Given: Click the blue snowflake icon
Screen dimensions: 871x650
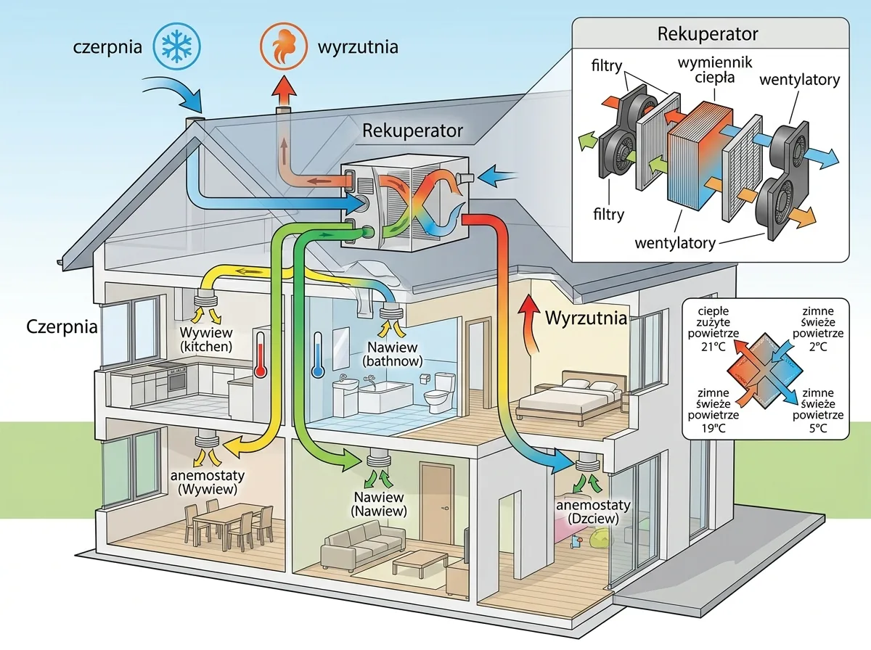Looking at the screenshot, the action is click(x=177, y=46).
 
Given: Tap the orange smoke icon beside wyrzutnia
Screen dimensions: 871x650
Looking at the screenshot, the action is click(x=284, y=46).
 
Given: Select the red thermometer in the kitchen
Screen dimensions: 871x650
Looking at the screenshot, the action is click(x=261, y=354).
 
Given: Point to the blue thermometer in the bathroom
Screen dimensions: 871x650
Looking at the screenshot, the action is click(x=318, y=354).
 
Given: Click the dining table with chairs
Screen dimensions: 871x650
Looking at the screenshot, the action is click(x=229, y=524).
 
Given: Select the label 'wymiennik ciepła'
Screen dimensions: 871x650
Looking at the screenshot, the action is click(x=715, y=70).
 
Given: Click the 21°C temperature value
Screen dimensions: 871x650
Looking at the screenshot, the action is click(x=713, y=347).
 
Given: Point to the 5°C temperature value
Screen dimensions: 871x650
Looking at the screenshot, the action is click(x=818, y=428).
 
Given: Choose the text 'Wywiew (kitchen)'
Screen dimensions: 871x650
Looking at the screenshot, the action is click(x=206, y=340).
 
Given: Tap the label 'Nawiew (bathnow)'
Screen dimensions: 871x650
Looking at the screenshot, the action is click(x=393, y=354).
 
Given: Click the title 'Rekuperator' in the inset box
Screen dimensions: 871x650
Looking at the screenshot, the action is click(x=708, y=34).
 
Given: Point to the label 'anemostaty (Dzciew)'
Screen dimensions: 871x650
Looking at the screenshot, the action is click(x=593, y=511).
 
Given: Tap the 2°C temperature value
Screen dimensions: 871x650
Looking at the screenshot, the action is click(x=818, y=347).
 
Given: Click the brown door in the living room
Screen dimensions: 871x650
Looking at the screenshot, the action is click(x=437, y=503).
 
